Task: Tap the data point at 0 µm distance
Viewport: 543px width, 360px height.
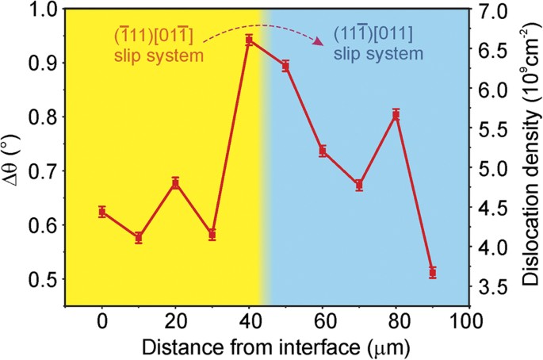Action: (x=102, y=212)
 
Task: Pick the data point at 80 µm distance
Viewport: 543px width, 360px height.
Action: (x=396, y=115)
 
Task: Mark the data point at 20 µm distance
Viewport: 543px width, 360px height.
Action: (x=175, y=183)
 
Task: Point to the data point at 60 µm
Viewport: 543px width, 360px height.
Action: (x=323, y=151)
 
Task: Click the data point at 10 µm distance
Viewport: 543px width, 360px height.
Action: (x=139, y=238)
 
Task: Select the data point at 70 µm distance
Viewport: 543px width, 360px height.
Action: (x=359, y=185)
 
